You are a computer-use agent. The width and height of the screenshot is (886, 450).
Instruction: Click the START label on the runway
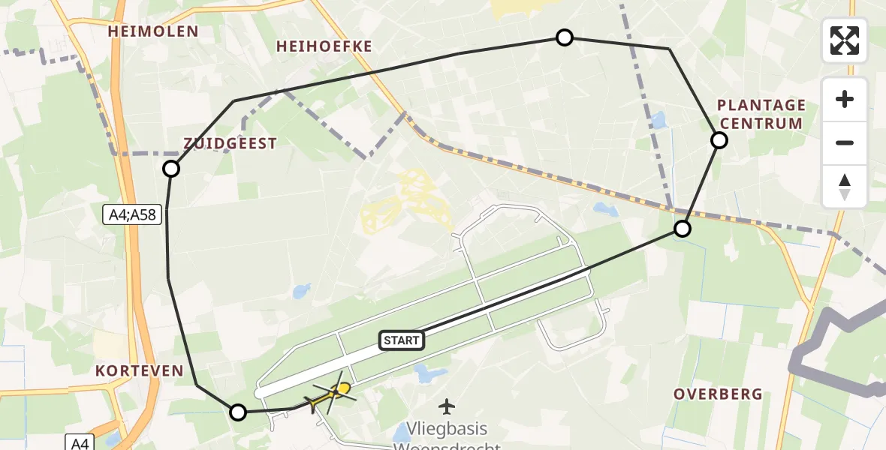click(402, 340)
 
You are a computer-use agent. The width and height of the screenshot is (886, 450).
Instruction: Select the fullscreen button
click(845, 40)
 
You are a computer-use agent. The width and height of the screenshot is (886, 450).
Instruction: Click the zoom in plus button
click(845, 99)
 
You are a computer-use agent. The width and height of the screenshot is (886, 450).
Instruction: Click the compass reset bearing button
click(845, 187)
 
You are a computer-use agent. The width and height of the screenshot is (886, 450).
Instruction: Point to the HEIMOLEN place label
click(153, 31)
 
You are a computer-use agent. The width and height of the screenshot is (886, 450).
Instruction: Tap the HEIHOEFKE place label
click(324, 46)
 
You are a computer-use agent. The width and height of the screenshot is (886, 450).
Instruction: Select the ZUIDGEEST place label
click(231, 143)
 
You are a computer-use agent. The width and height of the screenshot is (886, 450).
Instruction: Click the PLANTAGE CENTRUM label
click(761, 114)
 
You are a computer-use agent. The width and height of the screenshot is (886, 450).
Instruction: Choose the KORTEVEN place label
click(140, 370)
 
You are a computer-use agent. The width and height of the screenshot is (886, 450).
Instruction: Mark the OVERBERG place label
click(718, 394)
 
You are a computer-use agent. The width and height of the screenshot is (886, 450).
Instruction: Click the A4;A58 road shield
click(131, 215)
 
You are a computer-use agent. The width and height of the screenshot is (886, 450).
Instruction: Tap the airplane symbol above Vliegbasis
click(448, 407)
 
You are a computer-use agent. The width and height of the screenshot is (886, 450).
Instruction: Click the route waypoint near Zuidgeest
click(171, 169)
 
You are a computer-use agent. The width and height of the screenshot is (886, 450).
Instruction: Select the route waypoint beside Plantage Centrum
click(719, 140)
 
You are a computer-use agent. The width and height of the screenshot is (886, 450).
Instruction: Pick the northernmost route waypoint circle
click(564, 37)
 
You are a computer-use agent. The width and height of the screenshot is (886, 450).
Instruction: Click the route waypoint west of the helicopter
click(238, 412)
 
